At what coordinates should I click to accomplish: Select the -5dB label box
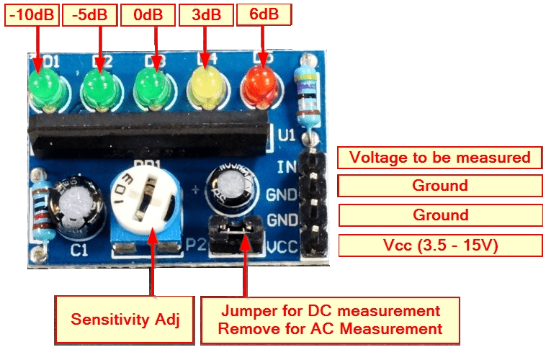tap(88, 15)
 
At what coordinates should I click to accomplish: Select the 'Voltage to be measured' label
tap(440, 158)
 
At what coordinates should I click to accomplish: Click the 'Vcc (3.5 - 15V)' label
tap(440, 246)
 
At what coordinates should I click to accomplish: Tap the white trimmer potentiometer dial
tap(143, 202)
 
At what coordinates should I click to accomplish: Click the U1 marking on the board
tap(285, 135)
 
